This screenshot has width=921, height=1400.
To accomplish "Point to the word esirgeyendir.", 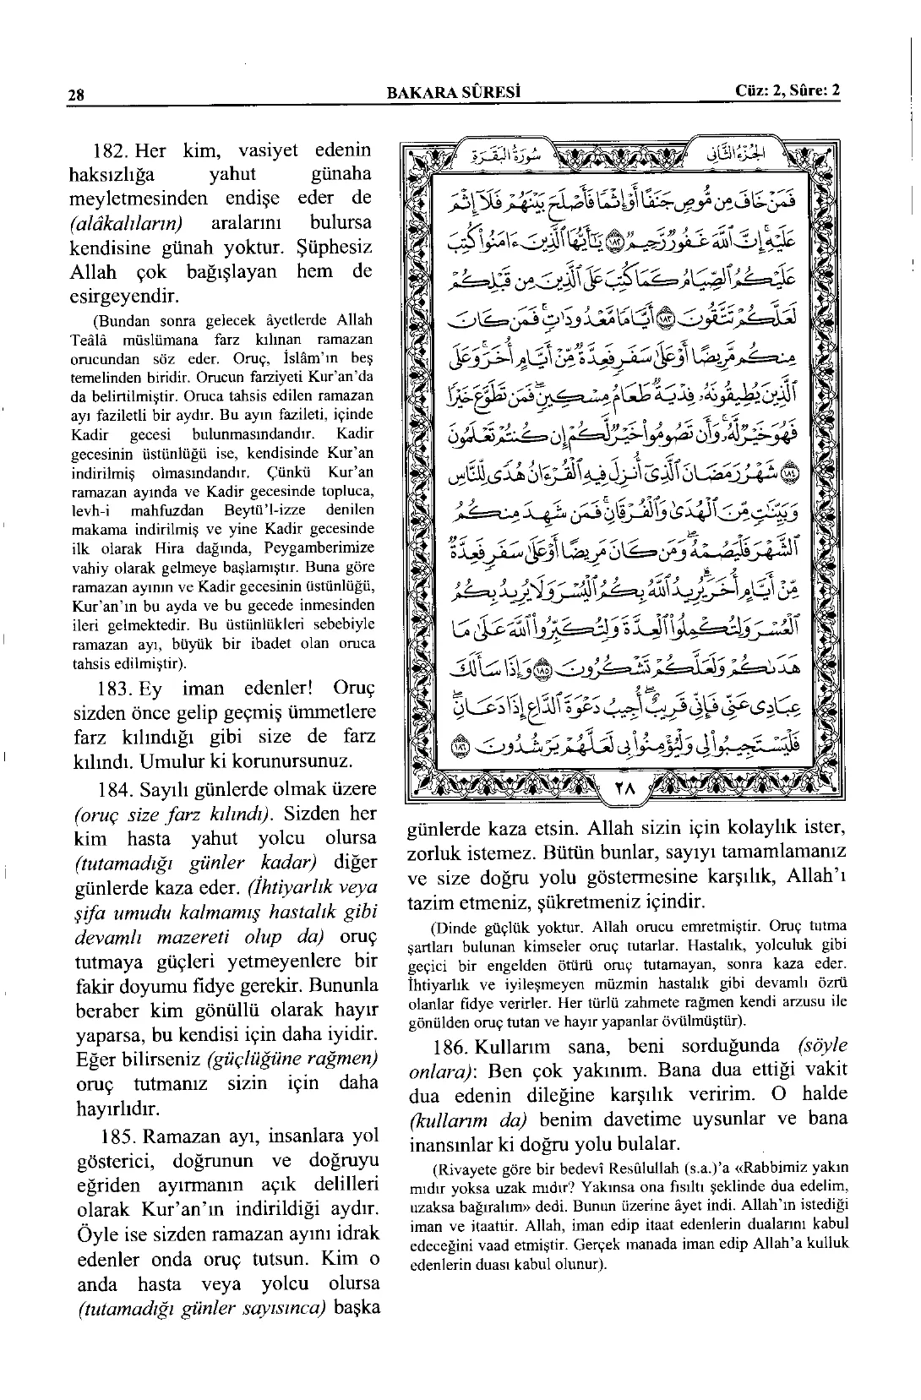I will click(123, 297).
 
